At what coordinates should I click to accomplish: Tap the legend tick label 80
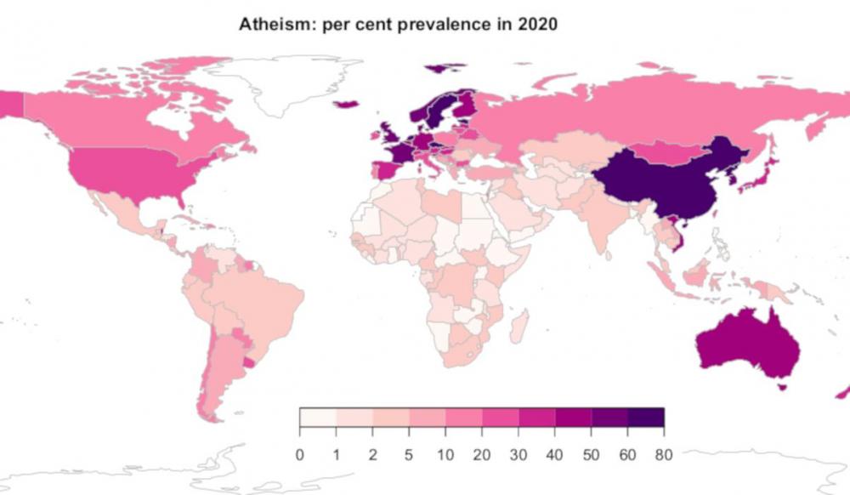coord(664,454)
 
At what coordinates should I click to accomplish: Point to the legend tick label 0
coord(299,454)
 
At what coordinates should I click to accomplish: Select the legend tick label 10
coord(445,454)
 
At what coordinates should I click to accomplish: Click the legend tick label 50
coord(591,454)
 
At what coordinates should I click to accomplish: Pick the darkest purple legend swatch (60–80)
coord(646,417)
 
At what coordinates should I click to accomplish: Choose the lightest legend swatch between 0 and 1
coord(317,417)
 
